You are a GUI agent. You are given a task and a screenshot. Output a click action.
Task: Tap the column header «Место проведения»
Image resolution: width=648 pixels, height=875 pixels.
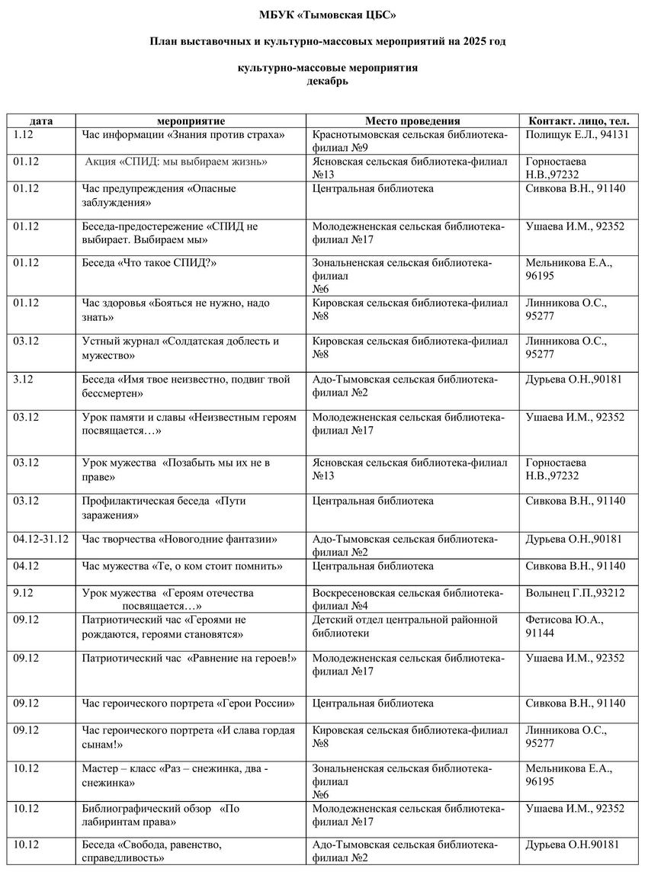(412, 121)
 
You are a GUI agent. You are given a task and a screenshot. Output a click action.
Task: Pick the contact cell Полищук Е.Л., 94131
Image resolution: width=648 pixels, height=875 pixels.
(577, 135)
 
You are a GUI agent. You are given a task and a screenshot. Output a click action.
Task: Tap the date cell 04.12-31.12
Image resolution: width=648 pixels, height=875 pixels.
(41, 540)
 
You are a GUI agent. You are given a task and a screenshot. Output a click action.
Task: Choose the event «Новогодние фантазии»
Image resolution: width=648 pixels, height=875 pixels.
(179, 540)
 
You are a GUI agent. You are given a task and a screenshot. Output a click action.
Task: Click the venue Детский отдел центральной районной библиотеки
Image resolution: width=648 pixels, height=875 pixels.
(405, 627)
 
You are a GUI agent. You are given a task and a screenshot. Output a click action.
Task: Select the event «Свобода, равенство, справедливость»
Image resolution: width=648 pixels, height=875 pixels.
(152, 851)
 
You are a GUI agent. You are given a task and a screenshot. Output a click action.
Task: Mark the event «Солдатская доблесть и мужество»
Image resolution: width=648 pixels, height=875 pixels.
(181, 348)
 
